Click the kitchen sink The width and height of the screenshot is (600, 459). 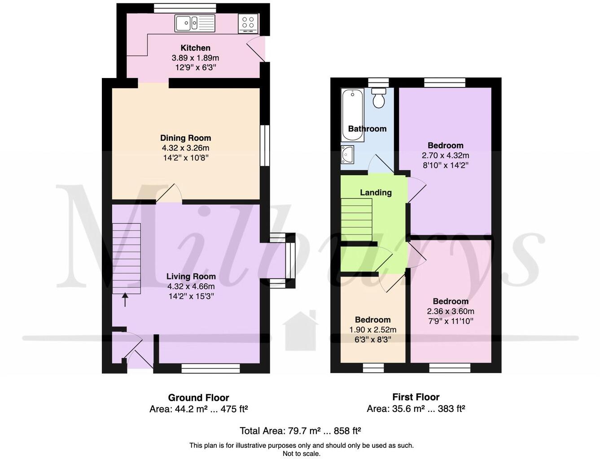tap(195, 23)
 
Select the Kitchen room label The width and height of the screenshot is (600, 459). tap(195, 48)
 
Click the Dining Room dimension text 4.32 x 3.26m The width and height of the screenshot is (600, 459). tap(185, 148)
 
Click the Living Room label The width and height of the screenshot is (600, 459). tap(191, 277)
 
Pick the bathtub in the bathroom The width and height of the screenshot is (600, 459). tap(352, 108)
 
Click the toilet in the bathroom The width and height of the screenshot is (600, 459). tap(379, 98)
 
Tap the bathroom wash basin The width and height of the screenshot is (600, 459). tap(347, 154)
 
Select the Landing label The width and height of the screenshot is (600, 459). tap(376, 192)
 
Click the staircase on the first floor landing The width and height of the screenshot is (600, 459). tap(357, 220)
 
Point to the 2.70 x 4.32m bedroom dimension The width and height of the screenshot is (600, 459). tap(445, 156)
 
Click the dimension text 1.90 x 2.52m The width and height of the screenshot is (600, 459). tap(372, 329)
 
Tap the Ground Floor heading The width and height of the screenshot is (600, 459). tap(198, 398)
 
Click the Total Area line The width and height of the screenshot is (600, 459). tap(300, 431)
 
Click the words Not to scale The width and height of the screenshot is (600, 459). tap(301, 454)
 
